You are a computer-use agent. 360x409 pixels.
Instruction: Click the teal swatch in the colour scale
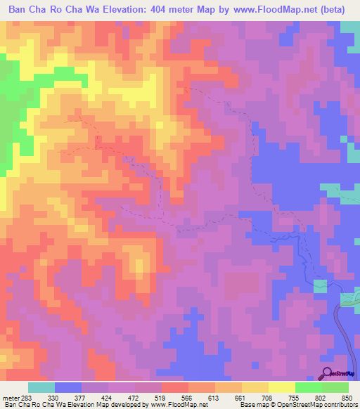click(41, 387)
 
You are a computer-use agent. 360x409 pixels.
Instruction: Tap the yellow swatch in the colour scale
click(281, 387)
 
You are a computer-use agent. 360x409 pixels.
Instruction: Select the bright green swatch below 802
click(308, 387)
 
